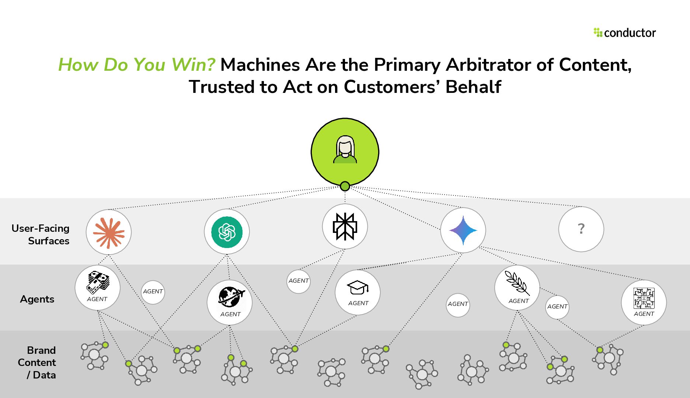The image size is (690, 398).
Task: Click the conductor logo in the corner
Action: [x=625, y=33]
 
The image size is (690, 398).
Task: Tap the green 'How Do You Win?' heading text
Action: [x=137, y=65]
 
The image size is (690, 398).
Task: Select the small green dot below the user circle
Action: [x=345, y=186]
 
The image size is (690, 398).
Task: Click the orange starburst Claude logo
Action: [x=109, y=232]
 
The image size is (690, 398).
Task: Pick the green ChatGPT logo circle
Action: [x=227, y=232]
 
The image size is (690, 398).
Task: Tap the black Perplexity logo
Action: [x=345, y=227]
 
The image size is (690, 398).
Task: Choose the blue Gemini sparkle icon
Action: [x=463, y=230]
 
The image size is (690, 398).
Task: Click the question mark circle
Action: [x=581, y=229]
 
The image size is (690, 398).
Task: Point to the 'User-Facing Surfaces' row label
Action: [x=41, y=234]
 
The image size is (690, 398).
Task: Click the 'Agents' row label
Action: [x=37, y=299]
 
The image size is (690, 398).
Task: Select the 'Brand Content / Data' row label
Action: [x=37, y=362]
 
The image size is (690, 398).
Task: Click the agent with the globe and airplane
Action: [x=230, y=302]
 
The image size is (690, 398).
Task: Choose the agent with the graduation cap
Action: [x=358, y=292]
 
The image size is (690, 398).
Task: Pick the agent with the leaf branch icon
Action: [x=517, y=287]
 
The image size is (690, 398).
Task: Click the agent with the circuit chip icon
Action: [x=644, y=302]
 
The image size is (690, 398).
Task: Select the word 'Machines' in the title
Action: [x=260, y=65]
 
